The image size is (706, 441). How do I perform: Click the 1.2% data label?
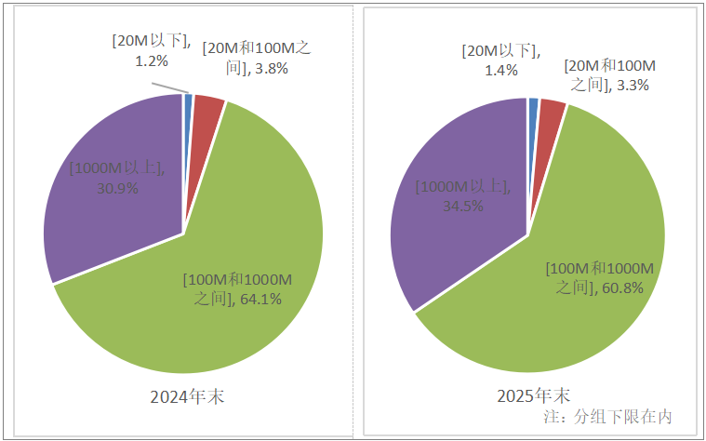(x=151, y=60)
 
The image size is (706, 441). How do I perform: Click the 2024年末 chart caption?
(x=187, y=397)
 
